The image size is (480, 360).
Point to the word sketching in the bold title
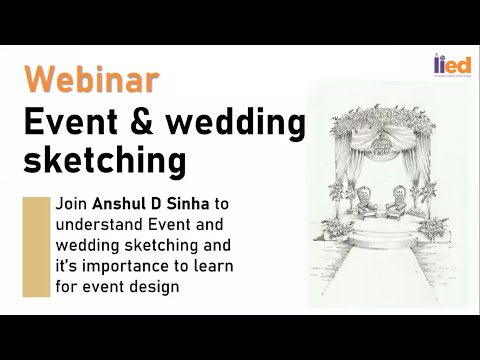pyautogui.click(x=105, y=159)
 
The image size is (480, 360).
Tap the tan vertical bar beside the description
pyautogui.click(x=36, y=247)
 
